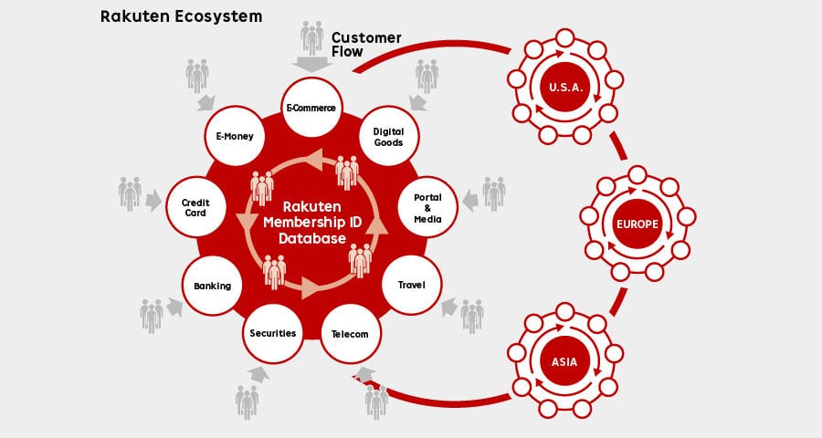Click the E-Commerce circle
(312, 108)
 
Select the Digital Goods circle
(389, 136)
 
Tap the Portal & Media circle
(427, 207)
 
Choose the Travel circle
(412, 285)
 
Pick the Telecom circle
(351, 334)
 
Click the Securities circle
(272, 333)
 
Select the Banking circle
(212, 286)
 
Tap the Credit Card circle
(196, 207)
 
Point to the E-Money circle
(235, 136)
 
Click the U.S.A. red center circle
(565, 87)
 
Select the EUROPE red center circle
(638, 224)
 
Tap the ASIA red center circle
(564, 361)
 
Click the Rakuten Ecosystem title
(182, 16)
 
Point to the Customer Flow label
(366, 45)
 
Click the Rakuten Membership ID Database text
(312, 222)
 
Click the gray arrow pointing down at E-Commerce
(312, 65)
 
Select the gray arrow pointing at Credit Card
(153, 201)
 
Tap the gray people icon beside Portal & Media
(494, 193)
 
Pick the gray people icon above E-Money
(197, 76)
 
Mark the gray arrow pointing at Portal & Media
(470, 201)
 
